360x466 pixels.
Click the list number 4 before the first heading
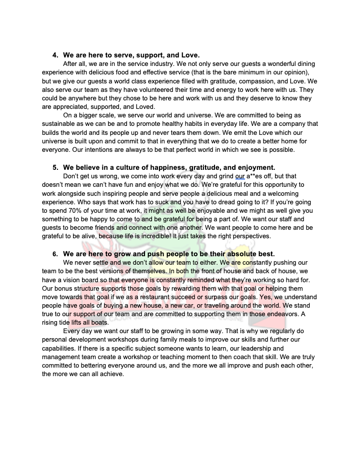click(55, 54)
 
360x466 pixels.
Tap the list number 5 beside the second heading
click(55, 167)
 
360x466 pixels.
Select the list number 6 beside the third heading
click(55, 254)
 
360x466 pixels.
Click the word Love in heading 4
click(188, 54)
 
